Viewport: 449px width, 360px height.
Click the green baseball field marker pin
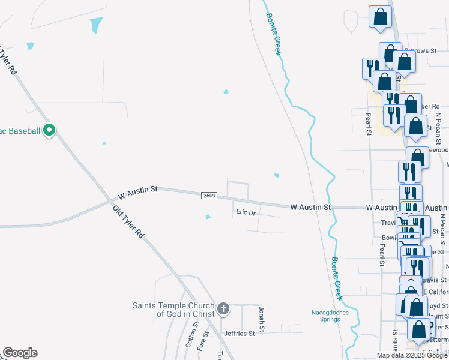coord(50,130)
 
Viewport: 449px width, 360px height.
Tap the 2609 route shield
coord(209,196)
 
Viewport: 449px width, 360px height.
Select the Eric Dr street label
coord(246,212)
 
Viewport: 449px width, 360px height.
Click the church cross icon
coord(223,309)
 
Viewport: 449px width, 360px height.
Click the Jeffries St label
coord(240,333)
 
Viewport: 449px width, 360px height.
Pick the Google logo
coord(20,353)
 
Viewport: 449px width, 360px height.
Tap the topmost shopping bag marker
coord(380,17)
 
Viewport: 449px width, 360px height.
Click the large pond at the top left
coord(95,25)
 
